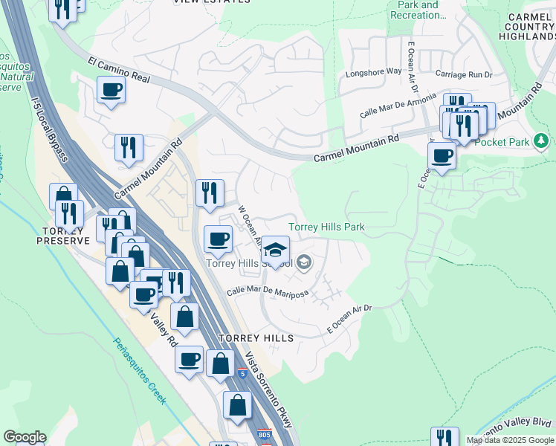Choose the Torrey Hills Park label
pos(326,227)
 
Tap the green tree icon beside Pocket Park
pos(543,140)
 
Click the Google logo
pos(25,438)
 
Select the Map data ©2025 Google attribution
pos(511,440)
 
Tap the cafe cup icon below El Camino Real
pos(111,90)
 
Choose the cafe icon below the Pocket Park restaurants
pos(442,156)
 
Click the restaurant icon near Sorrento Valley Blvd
pos(445,437)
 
